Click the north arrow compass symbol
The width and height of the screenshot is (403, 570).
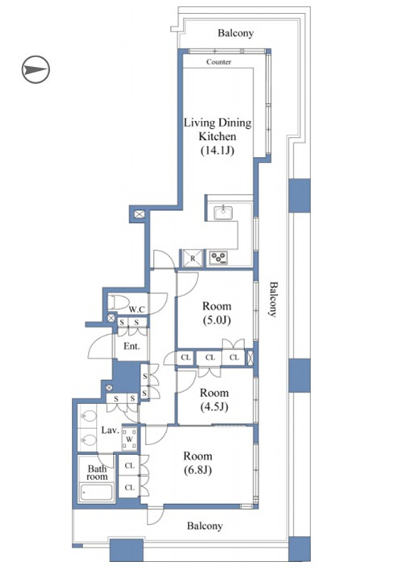click(x=35, y=69)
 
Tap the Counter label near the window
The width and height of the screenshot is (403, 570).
click(x=218, y=62)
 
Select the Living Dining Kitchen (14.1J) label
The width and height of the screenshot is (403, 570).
click(x=218, y=136)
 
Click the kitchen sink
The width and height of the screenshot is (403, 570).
click(x=222, y=213)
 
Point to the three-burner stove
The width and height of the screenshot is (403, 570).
click(x=218, y=258)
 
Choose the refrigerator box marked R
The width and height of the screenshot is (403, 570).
click(x=193, y=258)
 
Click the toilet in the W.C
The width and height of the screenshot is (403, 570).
click(x=118, y=302)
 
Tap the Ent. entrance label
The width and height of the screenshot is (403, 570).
click(x=131, y=346)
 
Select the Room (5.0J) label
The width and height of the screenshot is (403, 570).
click(x=217, y=313)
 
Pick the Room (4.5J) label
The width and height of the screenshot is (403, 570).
click(x=214, y=399)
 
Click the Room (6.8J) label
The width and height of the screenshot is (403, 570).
click(x=197, y=463)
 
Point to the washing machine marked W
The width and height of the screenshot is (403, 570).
click(x=129, y=439)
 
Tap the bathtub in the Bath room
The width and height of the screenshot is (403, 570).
click(x=97, y=492)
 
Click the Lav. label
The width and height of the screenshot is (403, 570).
click(x=110, y=431)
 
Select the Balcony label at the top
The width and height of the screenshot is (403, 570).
click(x=235, y=33)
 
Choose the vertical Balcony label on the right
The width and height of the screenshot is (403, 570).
click(x=273, y=299)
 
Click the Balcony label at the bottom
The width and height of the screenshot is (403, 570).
click(x=204, y=526)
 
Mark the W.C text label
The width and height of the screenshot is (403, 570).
click(x=137, y=310)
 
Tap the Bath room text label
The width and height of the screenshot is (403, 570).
click(x=97, y=473)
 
